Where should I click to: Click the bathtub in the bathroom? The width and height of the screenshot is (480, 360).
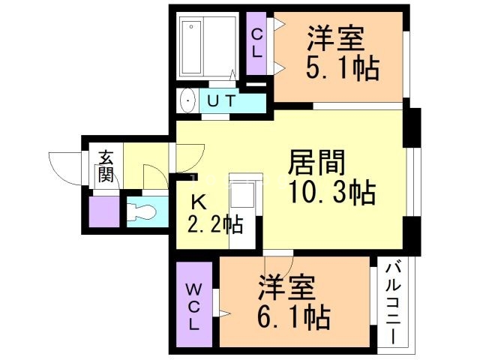pos(192,47)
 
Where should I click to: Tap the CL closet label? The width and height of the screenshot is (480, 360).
pos(256,43)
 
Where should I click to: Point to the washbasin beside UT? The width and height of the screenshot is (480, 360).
pos(187,100)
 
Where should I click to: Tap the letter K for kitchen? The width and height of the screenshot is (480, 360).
pos(198,201)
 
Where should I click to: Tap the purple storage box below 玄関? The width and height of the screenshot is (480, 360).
pos(103,211)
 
